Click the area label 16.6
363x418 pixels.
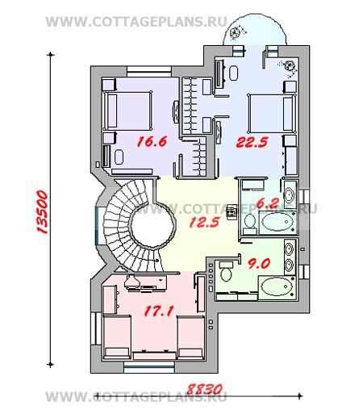152,142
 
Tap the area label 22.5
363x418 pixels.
252,142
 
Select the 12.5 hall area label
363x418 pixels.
205,222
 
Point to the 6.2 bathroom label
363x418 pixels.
267,203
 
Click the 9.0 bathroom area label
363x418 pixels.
259,264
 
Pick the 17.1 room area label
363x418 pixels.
159,311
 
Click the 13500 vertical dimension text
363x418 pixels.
42,211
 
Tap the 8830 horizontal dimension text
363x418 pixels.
205,389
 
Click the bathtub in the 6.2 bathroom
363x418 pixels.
277,222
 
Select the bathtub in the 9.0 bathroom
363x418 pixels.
277,287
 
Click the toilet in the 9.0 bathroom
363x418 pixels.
225,271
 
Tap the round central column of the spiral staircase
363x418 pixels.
152,225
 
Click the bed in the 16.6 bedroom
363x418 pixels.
127,111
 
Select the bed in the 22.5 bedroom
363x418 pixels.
272,113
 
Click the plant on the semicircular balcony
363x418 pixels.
236,32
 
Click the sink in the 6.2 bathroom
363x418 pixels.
290,194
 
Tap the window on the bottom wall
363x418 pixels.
149,367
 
